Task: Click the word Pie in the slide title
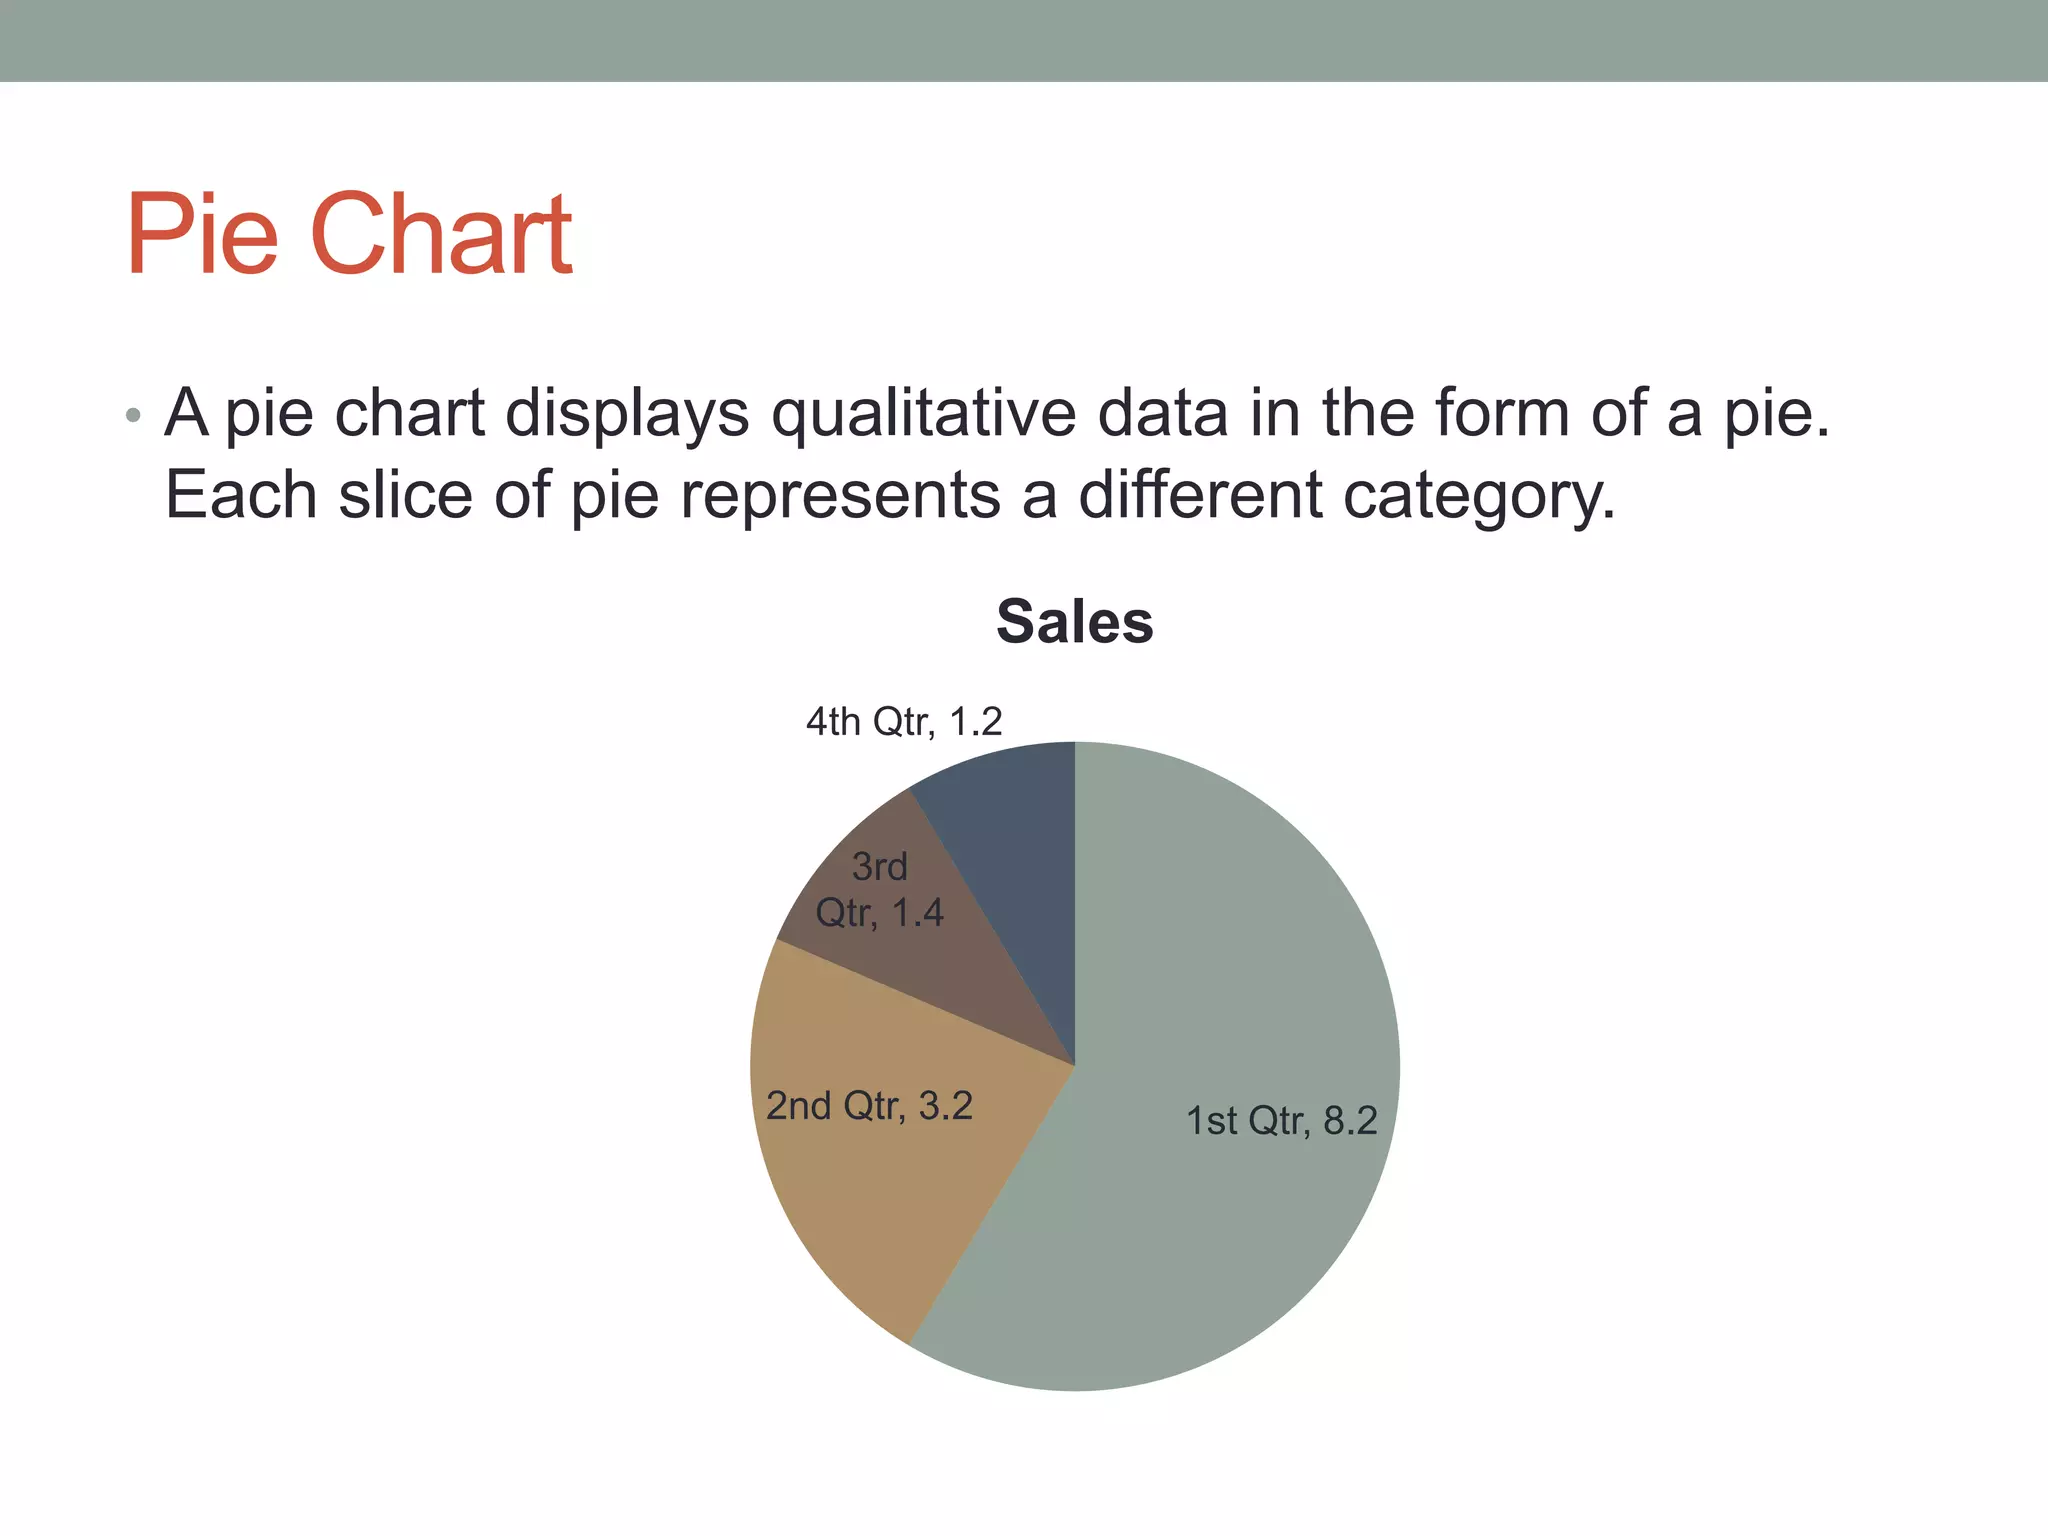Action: (201, 235)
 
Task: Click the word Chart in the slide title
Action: (442, 235)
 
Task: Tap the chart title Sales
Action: (1074, 622)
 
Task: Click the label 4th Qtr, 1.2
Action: (904, 721)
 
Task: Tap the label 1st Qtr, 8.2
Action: (1281, 1120)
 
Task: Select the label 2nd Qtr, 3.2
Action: (869, 1106)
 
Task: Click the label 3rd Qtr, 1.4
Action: (880, 890)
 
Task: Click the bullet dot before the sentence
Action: (133, 415)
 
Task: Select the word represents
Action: (840, 496)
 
